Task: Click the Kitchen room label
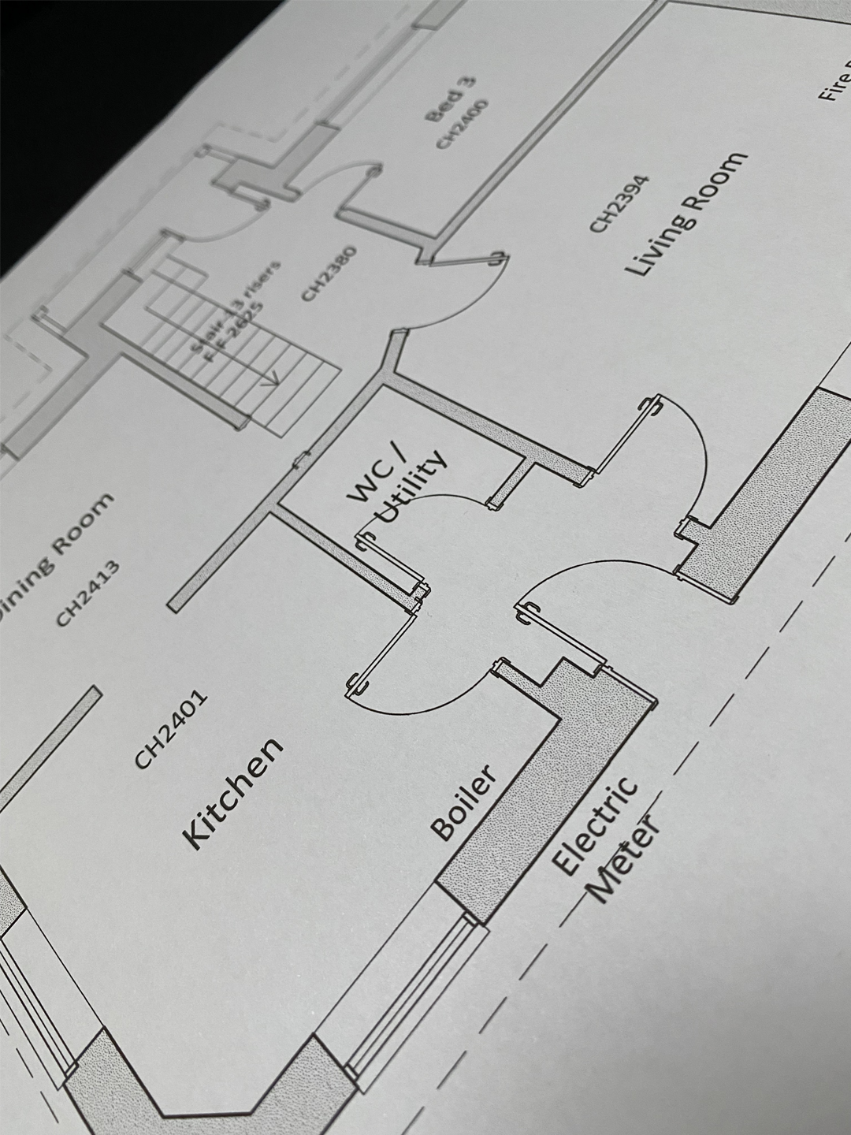[232, 794]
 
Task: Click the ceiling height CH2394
[620, 203]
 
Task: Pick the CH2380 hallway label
[329, 273]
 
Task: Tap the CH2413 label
[87, 593]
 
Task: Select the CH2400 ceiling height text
[463, 124]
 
